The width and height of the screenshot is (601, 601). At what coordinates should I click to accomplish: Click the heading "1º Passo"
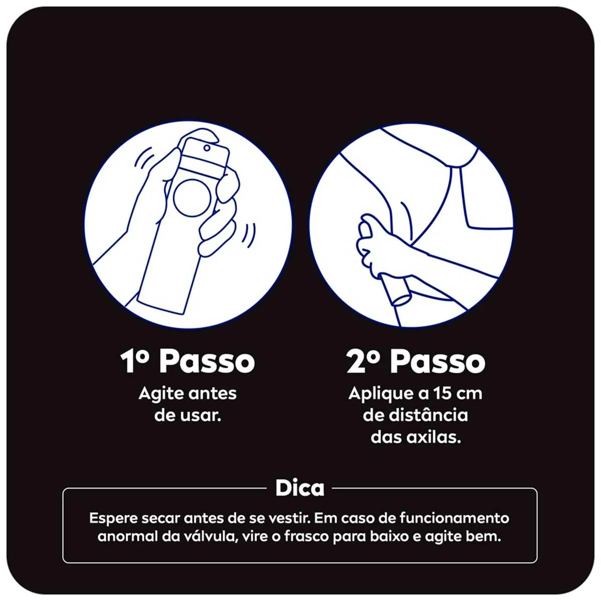(188, 361)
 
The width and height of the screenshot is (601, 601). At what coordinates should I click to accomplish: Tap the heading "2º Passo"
(415, 361)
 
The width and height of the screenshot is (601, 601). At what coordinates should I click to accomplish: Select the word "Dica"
(299, 488)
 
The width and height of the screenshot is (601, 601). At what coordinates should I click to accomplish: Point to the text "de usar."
(188, 416)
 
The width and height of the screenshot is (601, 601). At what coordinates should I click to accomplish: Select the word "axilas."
(434, 437)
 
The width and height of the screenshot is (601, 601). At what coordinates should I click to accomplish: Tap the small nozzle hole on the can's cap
(207, 147)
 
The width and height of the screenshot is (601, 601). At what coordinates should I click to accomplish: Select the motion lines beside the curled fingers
(249, 236)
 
